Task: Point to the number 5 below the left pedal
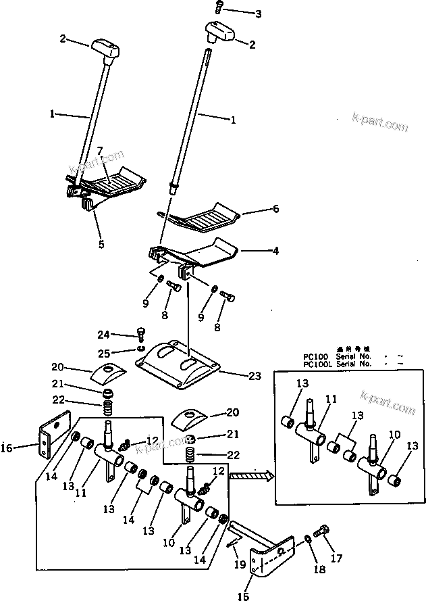pyautogui.click(x=101, y=244)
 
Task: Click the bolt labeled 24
pyautogui.click(x=141, y=333)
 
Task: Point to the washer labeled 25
pyautogui.click(x=140, y=349)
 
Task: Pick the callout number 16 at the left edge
pyautogui.click(x=7, y=447)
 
